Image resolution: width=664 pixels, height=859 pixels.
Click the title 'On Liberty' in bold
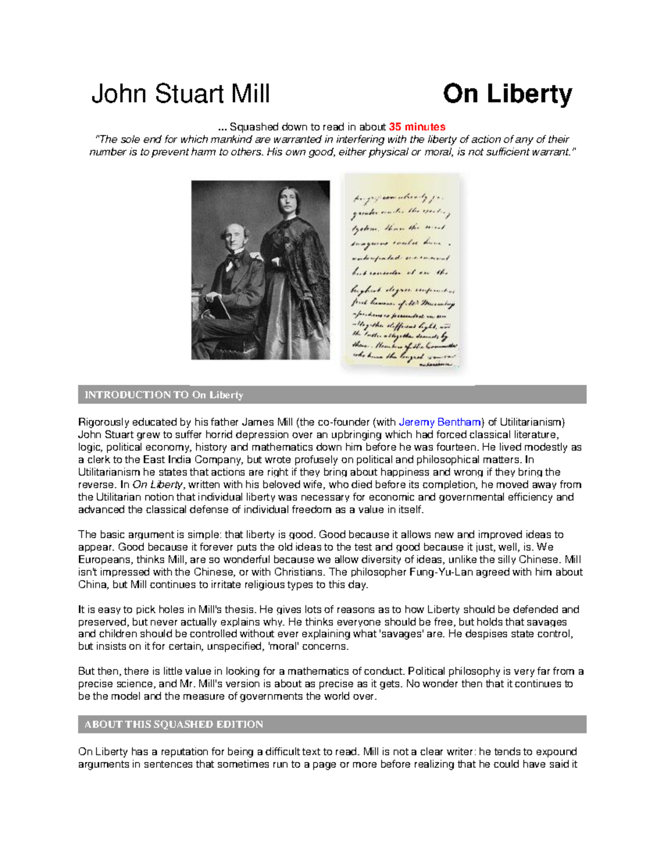[x=507, y=94]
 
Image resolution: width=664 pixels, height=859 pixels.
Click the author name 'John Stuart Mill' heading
[x=180, y=94]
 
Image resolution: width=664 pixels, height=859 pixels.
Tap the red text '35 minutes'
[x=417, y=127]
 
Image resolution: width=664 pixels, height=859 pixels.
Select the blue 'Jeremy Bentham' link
[x=440, y=423]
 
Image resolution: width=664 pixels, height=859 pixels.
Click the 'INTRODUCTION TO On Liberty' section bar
[x=332, y=395]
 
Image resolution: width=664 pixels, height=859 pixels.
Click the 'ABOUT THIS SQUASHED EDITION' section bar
[x=332, y=725]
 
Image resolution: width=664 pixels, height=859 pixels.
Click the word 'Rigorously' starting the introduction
[x=103, y=423]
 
